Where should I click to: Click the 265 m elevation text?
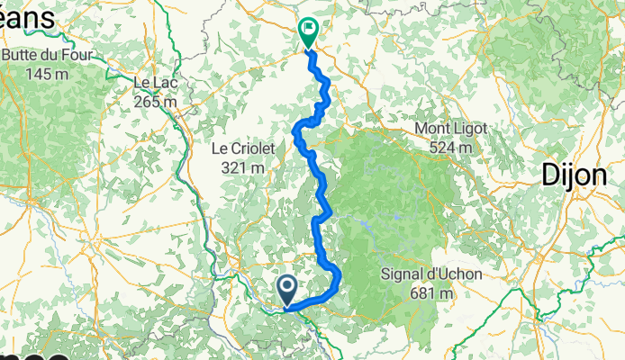[x=155, y=101]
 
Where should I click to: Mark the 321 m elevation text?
[x=244, y=166]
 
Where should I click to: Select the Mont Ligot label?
[x=450, y=130]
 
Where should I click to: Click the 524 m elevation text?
[x=450, y=147]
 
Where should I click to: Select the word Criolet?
[x=254, y=148]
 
